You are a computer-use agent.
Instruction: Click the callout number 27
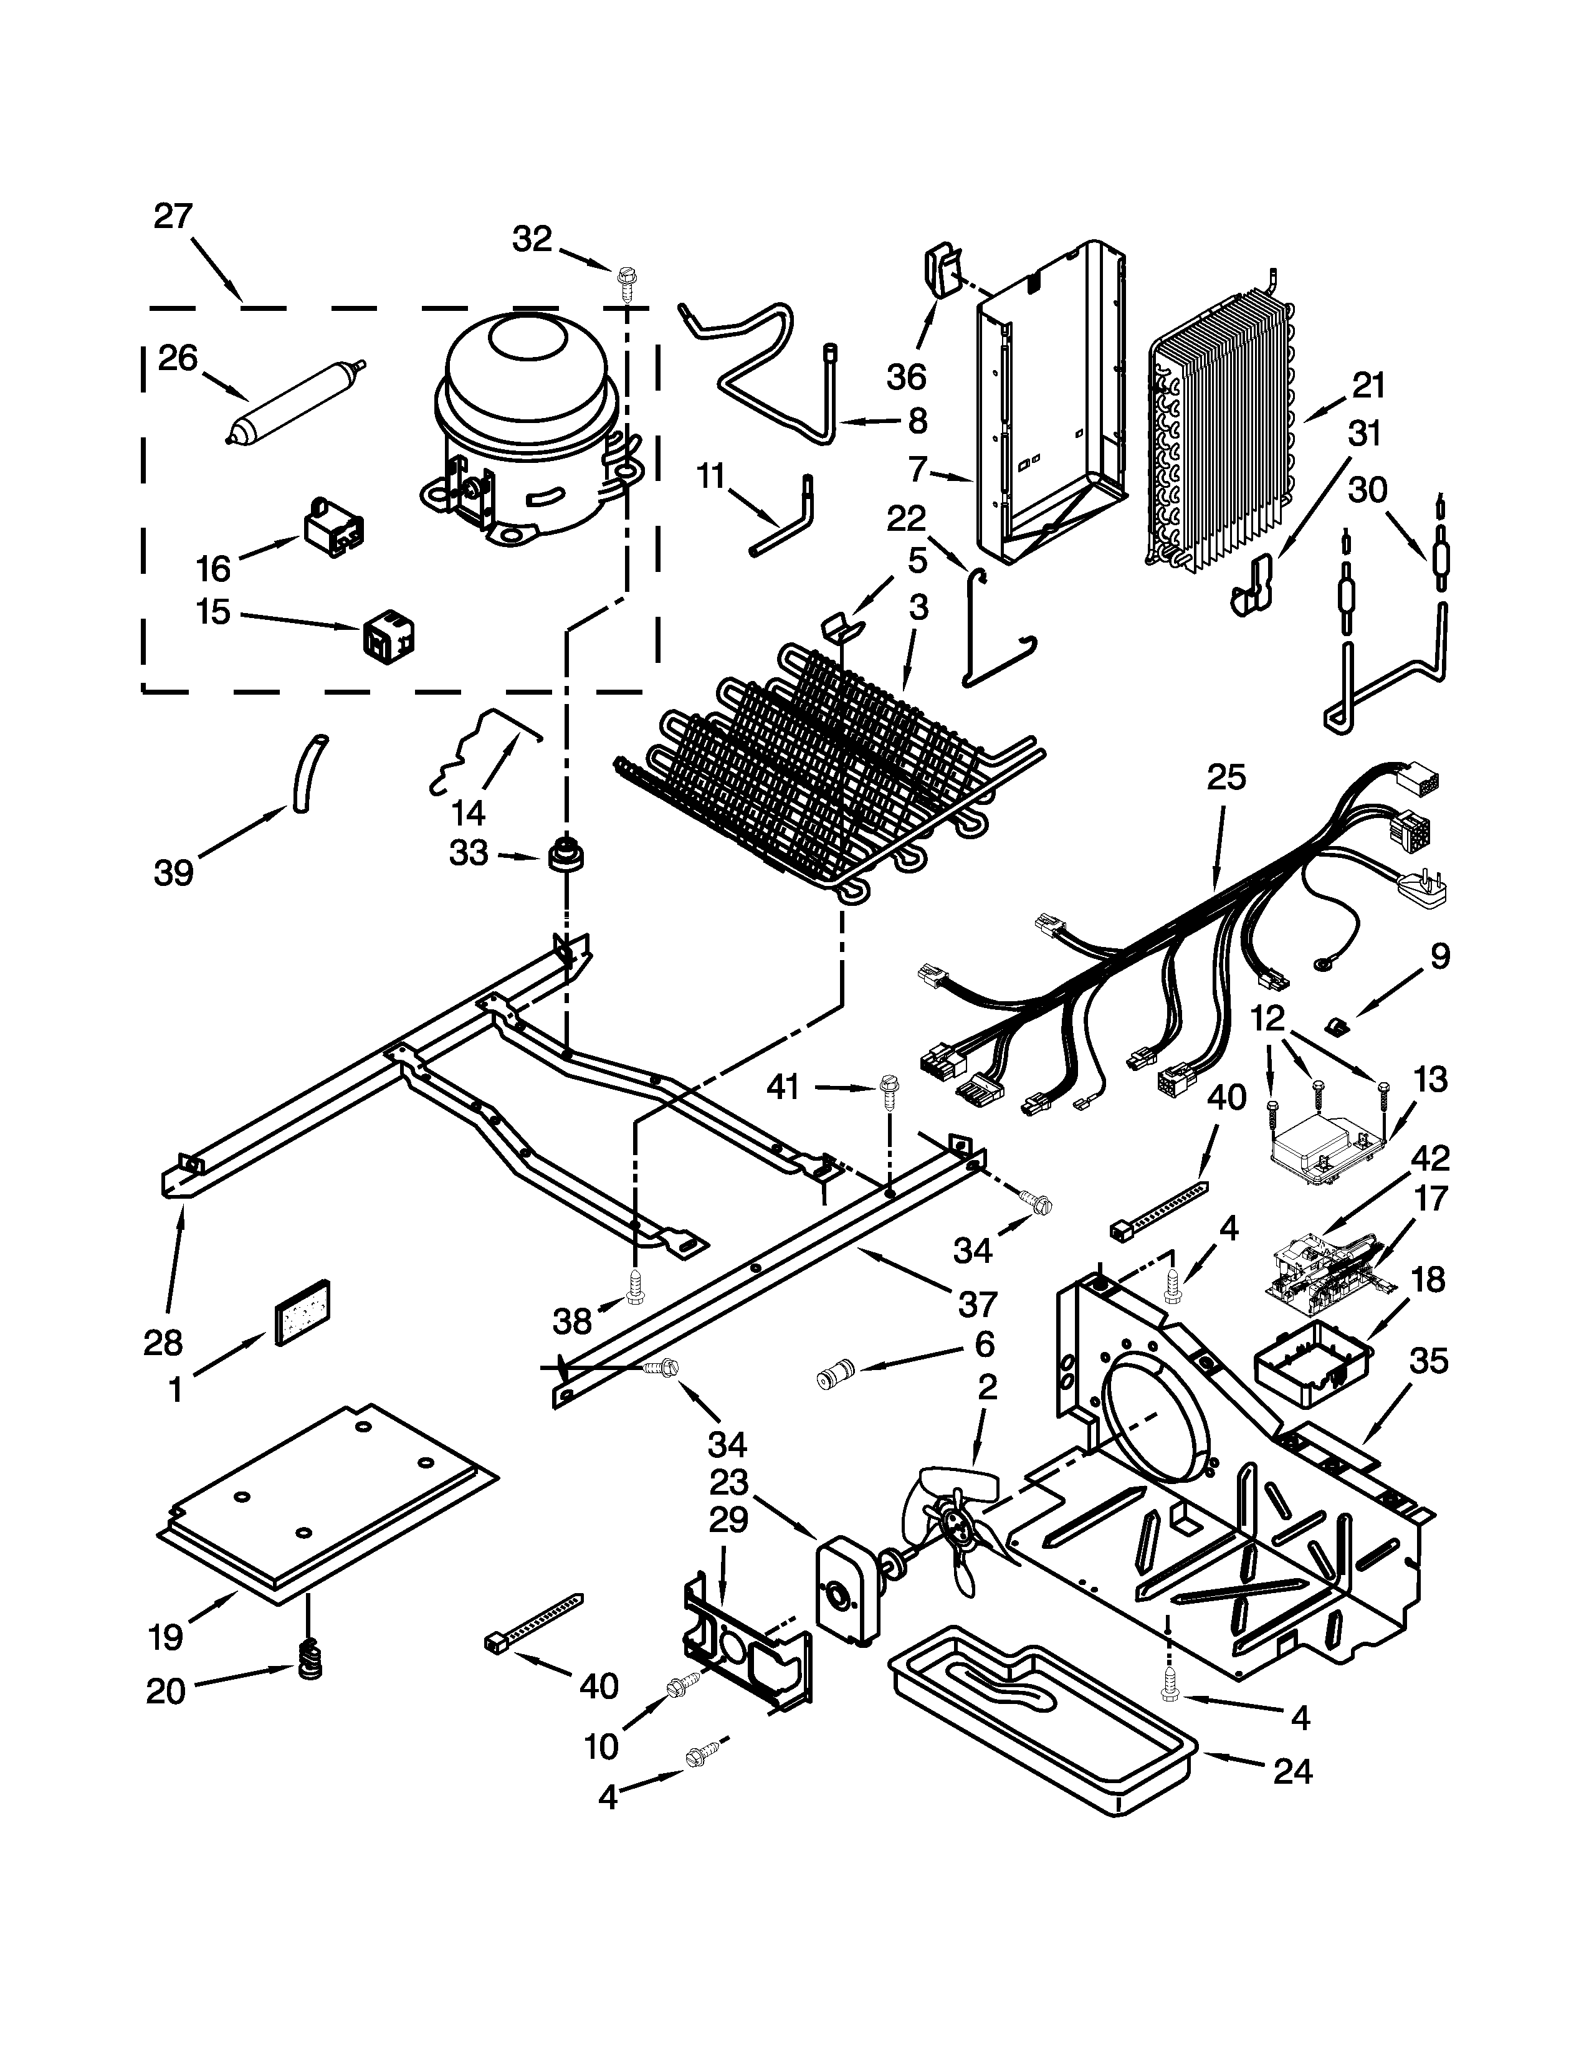(173, 217)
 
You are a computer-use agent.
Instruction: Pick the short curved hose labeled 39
(307, 774)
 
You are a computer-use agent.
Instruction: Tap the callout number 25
(1226, 779)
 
